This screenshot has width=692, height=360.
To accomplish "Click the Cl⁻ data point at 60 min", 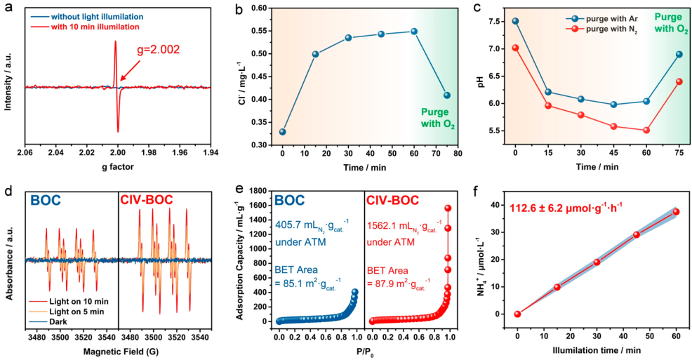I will [x=414, y=31].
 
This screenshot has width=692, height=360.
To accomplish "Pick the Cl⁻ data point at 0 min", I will [x=282, y=132].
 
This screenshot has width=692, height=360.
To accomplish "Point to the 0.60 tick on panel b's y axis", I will [x=267, y=8].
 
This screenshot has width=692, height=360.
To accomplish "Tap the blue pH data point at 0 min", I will [x=515, y=21].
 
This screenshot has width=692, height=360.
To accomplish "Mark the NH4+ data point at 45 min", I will [x=637, y=234].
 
